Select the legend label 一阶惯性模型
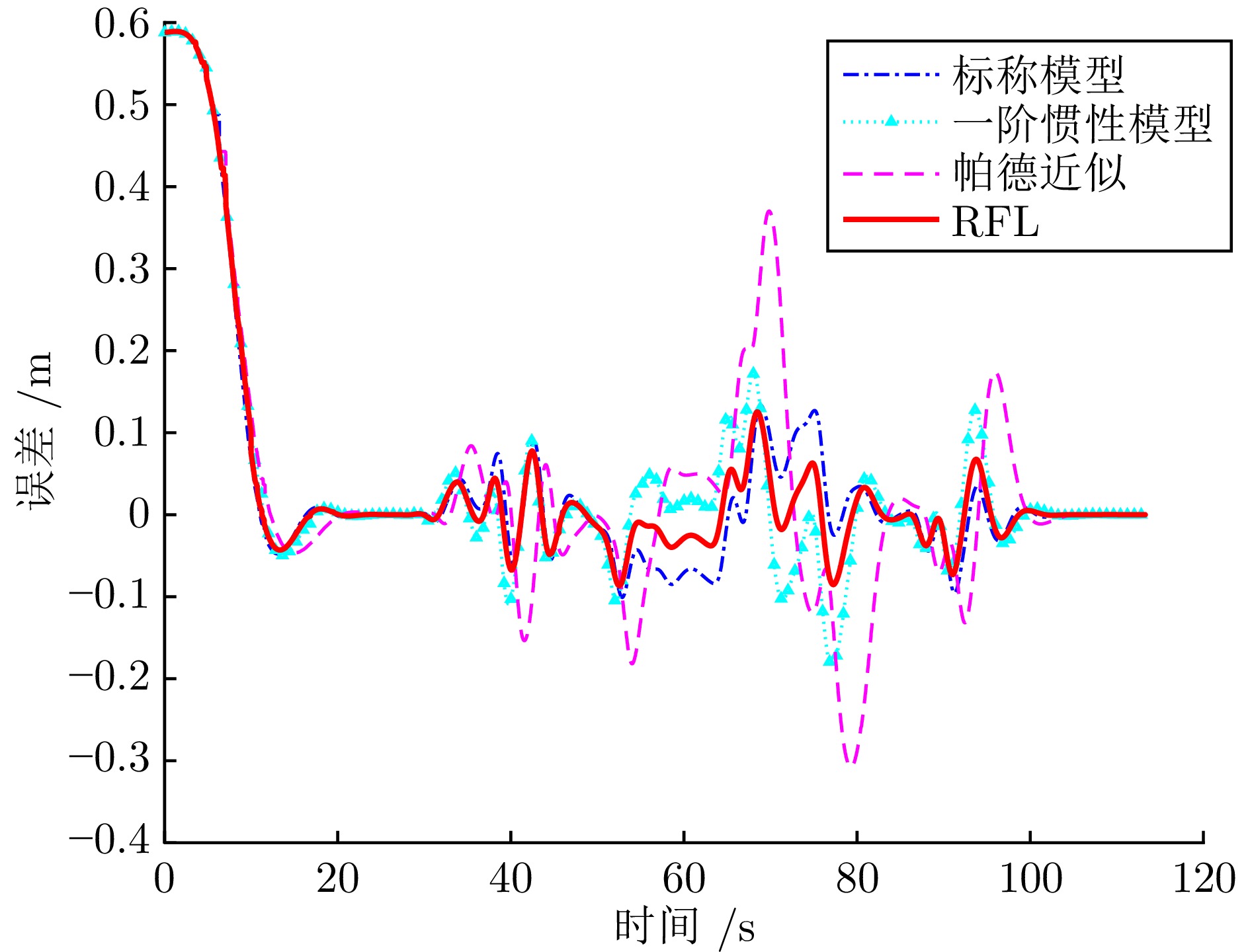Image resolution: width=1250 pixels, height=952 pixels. tap(1083, 124)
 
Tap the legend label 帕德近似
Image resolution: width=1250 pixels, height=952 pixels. tap(1039, 173)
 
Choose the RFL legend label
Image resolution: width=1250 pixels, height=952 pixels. tap(995, 221)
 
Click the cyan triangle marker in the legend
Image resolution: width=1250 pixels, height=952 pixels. tap(891, 121)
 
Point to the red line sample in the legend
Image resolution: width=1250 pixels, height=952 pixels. tap(891, 219)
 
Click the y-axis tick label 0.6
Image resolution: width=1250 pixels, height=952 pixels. tap(122, 24)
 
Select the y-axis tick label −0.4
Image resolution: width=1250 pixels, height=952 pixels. tap(110, 841)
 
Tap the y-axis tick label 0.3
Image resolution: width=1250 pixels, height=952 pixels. tap(122, 269)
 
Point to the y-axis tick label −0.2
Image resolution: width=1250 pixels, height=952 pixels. tap(110, 678)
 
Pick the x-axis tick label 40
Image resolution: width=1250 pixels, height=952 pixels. tap(511, 879)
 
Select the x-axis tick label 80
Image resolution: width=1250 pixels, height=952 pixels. tap(857, 879)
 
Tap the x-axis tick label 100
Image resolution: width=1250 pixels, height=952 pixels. tap(1030, 879)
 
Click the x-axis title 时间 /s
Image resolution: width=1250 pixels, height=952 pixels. tap(685, 927)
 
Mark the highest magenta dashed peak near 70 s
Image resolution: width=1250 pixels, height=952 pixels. tap(769, 212)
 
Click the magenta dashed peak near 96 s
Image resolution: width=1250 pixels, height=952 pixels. tap(996, 375)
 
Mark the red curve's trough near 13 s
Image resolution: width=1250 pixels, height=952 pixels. tap(281, 549)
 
